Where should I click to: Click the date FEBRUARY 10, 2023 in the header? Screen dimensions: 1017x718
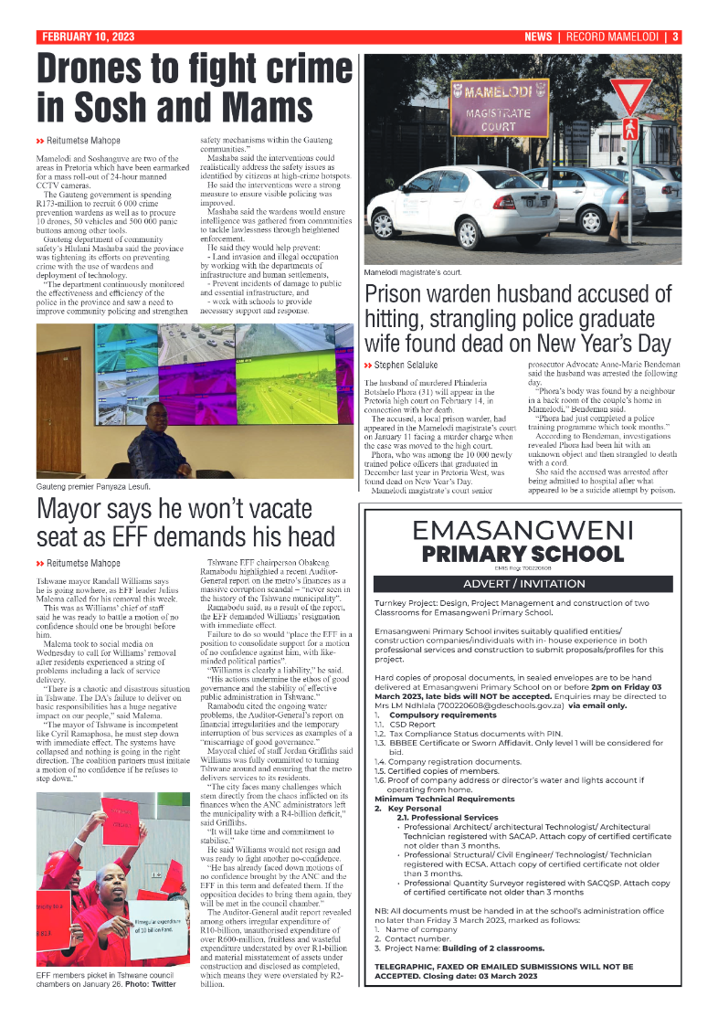[88, 37]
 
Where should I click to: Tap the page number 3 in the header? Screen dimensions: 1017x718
[675, 37]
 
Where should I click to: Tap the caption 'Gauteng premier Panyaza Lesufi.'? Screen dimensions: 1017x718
[95, 486]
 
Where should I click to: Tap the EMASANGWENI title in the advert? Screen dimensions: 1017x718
[523, 530]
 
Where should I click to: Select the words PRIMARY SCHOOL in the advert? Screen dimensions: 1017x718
[523, 555]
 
